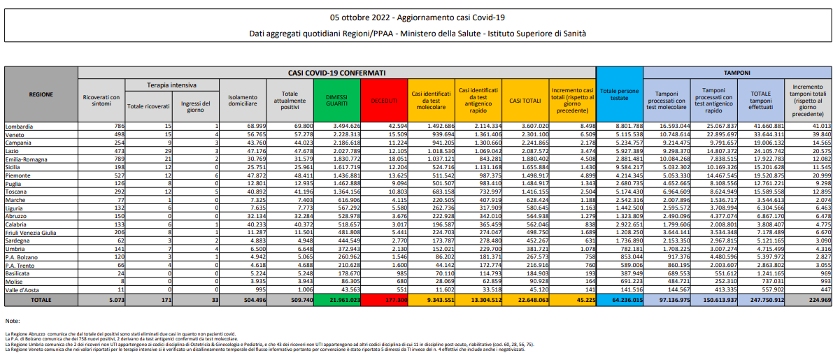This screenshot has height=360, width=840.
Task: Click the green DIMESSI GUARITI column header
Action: [x=336, y=101]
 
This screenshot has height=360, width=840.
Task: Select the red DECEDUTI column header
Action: [x=384, y=101]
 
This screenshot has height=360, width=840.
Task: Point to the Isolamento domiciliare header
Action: [x=241, y=101]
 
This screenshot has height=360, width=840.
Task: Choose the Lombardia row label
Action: [x=22, y=126]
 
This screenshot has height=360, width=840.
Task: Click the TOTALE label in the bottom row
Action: [x=40, y=299]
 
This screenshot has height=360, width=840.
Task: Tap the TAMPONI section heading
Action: [x=737, y=72]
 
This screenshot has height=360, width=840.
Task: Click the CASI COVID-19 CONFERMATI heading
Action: [x=336, y=72]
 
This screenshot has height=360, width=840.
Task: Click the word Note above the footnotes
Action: [x=13, y=320]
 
